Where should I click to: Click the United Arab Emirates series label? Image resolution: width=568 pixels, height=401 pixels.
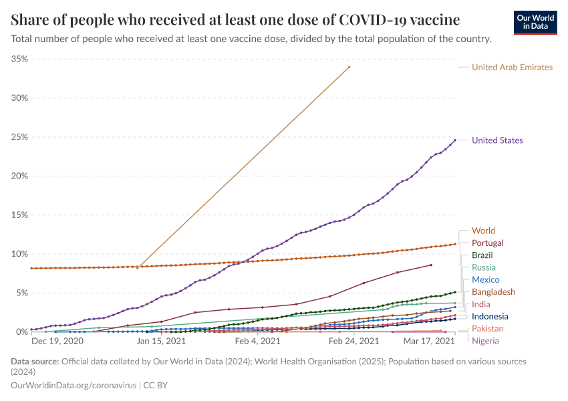pos(512,67)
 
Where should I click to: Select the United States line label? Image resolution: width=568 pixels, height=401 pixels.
pos(497,140)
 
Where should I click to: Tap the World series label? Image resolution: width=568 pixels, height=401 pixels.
pos(483,231)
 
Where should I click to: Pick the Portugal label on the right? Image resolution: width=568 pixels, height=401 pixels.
pos(487,243)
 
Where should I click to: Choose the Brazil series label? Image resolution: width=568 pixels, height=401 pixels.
pos(482,255)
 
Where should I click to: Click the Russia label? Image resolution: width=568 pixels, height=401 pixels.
pos(484,267)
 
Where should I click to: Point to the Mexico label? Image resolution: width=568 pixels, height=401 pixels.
pos(485,279)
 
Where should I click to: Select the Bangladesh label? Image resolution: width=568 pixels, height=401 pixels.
pos(493,292)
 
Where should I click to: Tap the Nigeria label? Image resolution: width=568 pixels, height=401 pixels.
pos(484,341)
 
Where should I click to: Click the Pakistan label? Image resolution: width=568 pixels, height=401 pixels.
pos(487,329)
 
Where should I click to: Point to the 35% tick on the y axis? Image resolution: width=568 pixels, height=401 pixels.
pos(20,59)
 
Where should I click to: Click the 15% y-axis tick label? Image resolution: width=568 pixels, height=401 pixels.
pos(20,215)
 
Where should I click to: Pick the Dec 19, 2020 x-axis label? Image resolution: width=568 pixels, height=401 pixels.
pos(57,341)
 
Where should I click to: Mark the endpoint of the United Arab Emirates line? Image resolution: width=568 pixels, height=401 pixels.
pos(349,67)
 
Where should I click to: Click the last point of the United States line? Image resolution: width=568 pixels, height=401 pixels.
pos(455,140)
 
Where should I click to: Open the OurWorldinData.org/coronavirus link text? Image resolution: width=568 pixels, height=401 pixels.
pos(74,386)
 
